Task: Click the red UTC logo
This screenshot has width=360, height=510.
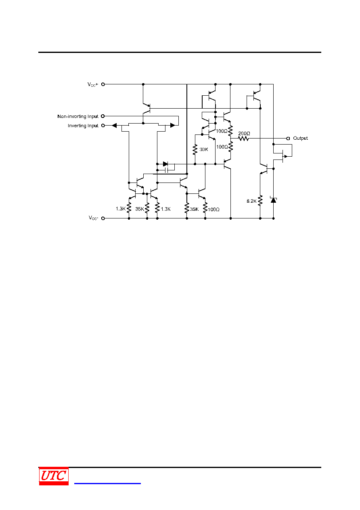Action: click(x=54, y=476)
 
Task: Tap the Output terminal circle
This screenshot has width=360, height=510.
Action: click(x=288, y=139)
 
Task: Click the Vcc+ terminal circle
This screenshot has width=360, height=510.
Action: click(x=103, y=84)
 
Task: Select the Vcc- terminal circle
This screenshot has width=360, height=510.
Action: click(x=103, y=218)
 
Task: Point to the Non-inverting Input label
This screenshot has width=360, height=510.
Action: click(x=78, y=116)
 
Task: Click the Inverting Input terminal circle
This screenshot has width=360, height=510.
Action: click(x=103, y=126)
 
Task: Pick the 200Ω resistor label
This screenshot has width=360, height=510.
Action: click(x=244, y=133)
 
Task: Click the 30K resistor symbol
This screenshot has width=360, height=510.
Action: click(x=195, y=149)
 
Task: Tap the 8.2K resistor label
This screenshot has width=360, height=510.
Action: click(x=251, y=201)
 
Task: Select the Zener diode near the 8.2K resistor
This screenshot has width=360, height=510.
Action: click(x=274, y=200)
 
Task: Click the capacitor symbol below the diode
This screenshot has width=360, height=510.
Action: click(x=167, y=170)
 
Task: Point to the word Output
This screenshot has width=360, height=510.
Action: click(x=300, y=138)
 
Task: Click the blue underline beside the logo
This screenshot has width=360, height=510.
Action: click(x=107, y=483)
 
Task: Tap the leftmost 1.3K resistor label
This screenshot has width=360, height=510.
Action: click(x=121, y=208)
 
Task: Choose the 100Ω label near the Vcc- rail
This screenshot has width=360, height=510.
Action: click(x=213, y=210)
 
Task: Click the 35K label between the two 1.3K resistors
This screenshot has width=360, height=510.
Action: click(x=140, y=209)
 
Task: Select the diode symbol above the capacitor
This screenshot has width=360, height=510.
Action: click(x=165, y=164)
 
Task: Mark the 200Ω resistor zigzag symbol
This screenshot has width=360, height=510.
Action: click(x=243, y=139)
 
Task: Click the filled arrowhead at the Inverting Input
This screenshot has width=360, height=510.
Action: click(x=115, y=126)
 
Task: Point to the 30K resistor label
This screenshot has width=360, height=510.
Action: click(x=204, y=149)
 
